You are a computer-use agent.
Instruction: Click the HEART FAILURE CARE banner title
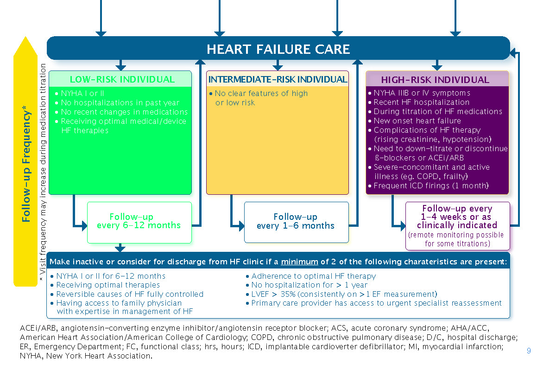278,49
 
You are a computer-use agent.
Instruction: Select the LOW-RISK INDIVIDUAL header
122,79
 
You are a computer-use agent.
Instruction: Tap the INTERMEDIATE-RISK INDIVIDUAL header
278,79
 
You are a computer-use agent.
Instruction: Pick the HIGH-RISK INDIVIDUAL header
435,80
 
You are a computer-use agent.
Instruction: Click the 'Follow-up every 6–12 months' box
139,221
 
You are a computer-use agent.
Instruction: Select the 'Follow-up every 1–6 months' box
296,221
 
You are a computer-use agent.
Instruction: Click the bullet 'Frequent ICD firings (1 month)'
431,186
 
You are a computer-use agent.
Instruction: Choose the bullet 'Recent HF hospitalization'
421,102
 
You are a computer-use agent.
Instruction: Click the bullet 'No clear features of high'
261,93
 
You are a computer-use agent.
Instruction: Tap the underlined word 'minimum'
299,262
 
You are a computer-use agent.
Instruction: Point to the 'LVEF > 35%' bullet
344,294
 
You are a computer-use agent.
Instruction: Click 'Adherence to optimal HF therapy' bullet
313,276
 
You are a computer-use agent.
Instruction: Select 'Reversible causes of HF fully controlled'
129,294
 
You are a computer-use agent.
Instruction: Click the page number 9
529,351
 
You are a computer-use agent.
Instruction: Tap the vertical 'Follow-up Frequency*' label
26,165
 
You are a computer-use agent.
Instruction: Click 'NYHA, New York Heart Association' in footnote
86,356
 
